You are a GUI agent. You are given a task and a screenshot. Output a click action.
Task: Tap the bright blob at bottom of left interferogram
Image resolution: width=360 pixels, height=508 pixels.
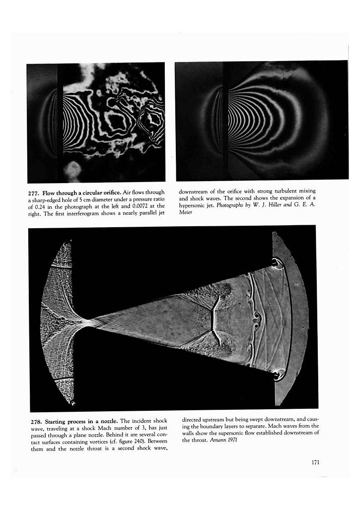click(x=72, y=170)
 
